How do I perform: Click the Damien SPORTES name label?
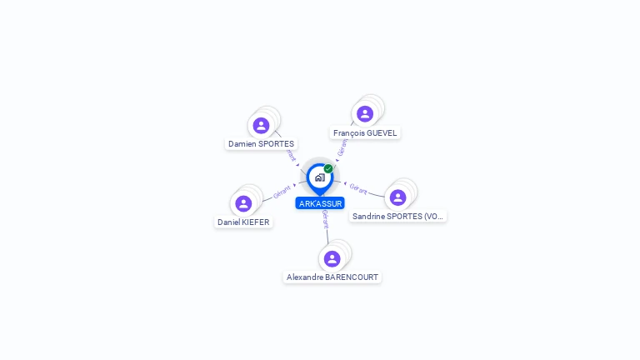click(261, 144)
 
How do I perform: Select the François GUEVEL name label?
click(365, 132)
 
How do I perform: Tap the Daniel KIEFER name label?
click(243, 222)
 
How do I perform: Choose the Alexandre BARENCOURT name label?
click(332, 277)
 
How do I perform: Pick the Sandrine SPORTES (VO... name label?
click(397, 217)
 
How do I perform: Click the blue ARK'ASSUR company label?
click(320, 203)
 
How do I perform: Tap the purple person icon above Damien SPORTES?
click(261, 126)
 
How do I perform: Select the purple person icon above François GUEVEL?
click(364, 114)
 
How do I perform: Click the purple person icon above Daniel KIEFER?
click(243, 203)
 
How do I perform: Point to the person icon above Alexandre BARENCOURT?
click(332, 258)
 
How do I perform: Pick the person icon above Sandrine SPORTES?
click(397, 197)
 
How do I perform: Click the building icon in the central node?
click(319, 177)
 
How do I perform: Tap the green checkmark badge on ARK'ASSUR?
click(328, 168)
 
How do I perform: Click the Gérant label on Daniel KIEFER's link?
click(281, 192)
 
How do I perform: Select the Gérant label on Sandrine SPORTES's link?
click(358, 187)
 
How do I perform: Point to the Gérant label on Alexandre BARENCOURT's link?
click(325, 219)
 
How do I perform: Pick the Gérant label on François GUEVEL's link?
click(342, 147)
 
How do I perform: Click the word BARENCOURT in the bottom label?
click(352, 277)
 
